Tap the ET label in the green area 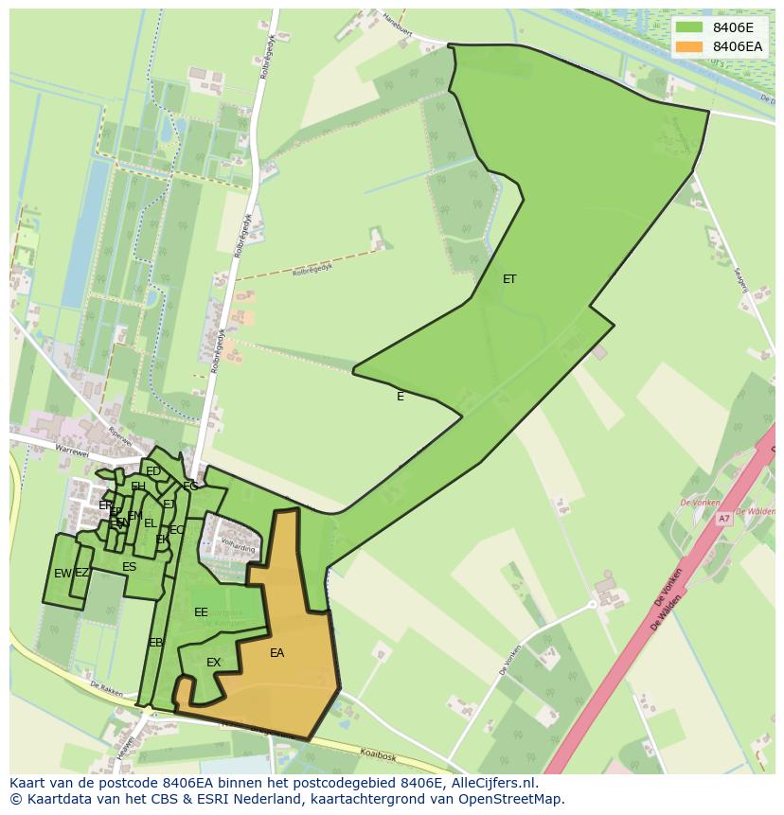[x=509, y=279]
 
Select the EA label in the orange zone [x=276, y=653]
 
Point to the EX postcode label [x=214, y=663]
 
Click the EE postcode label [x=201, y=612]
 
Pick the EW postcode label [x=62, y=574]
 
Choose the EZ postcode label [x=82, y=573]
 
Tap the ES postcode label [x=130, y=567]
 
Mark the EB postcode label [x=156, y=643]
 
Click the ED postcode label [x=153, y=471]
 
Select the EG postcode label [x=190, y=486]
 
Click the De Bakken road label [x=108, y=688]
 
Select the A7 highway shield [x=723, y=519]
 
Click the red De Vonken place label [x=700, y=503]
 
